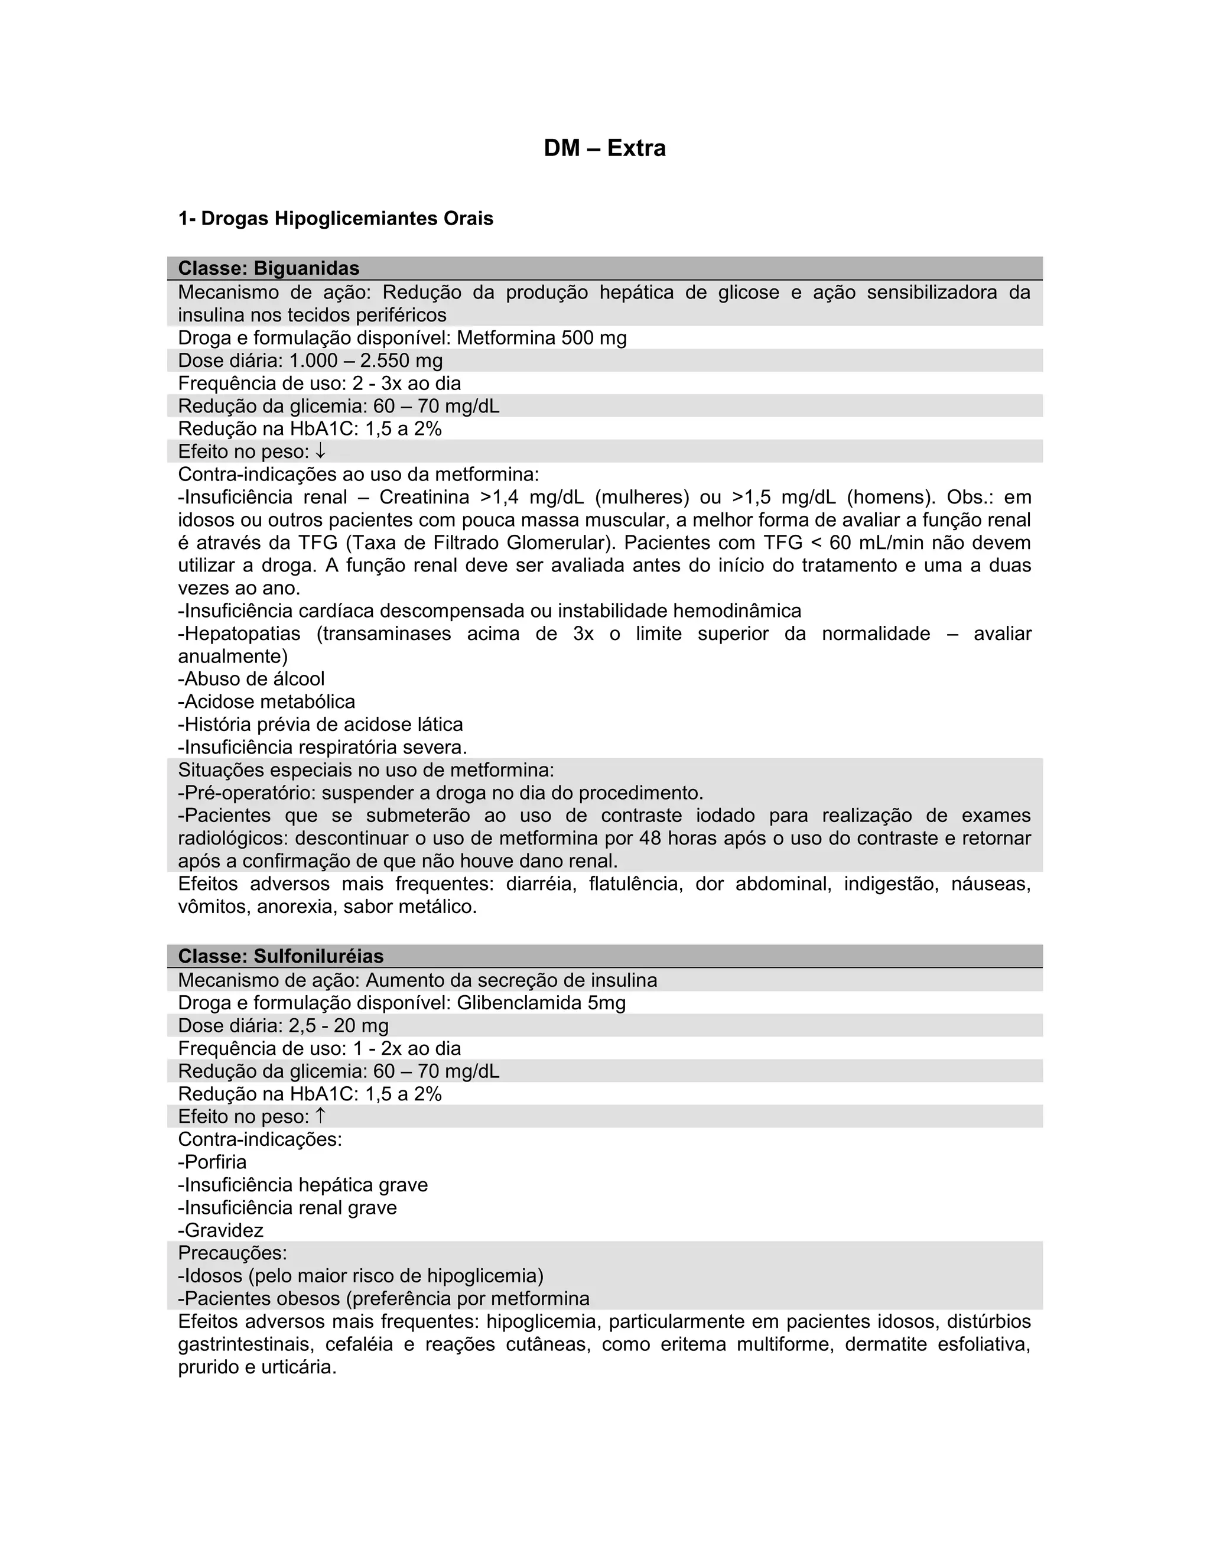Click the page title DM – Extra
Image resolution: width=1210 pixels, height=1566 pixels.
point(604,148)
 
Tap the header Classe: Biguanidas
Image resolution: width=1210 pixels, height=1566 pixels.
point(269,268)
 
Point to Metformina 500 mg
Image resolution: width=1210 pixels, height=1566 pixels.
point(541,337)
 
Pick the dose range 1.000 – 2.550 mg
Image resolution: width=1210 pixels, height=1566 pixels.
point(366,360)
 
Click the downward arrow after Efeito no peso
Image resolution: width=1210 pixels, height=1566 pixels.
point(320,451)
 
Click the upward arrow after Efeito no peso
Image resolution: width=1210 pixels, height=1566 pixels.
point(320,1116)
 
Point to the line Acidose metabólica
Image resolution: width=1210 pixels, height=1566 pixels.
point(269,702)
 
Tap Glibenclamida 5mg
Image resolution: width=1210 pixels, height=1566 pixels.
point(541,1002)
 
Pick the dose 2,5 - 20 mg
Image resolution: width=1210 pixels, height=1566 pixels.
point(339,1025)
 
